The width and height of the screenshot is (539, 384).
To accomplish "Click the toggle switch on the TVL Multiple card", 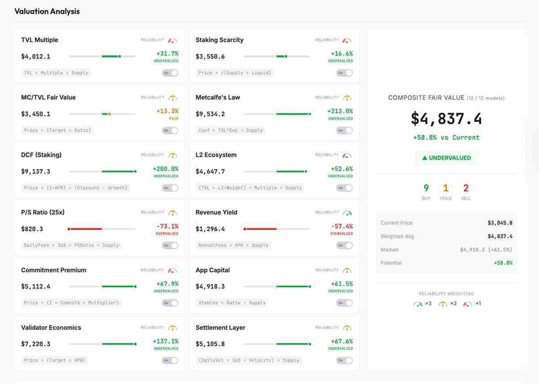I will pyautogui.click(x=170, y=73).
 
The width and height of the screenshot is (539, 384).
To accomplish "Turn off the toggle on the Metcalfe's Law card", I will pyautogui.click(x=344, y=130).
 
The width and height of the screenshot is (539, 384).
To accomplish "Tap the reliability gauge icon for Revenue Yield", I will pyautogui.click(x=347, y=212).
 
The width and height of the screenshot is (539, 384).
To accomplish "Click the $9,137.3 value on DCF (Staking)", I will pyautogui.click(x=35, y=172).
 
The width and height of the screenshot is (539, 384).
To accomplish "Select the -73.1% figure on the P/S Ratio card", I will pyautogui.click(x=167, y=226).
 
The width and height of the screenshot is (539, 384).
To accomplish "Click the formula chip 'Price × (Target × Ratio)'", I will pyautogui.click(x=57, y=130).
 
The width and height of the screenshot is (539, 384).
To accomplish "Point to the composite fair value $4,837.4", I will pyautogui.click(x=446, y=119).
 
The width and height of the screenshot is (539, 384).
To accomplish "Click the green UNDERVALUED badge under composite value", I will pyautogui.click(x=446, y=158).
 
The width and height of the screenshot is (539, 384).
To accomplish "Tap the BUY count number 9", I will pyautogui.click(x=426, y=188).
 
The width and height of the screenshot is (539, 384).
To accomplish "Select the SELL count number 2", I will pyautogui.click(x=466, y=188).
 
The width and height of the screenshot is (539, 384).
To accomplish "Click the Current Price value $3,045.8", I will pyautogui.click(x=500, y=223).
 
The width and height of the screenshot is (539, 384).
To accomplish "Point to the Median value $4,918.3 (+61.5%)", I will pyautogui.click(x=486, y=250).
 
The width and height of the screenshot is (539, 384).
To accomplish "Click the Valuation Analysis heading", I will pyautogui.click(x=47, y=12).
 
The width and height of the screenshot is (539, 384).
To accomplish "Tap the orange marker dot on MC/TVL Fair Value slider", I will pyautogui.click(x=110, y=114).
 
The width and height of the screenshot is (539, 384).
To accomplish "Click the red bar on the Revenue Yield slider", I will pyautogui.click(x=261, y=229).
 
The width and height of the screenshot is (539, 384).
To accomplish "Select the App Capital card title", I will pyautogui.click(x=212, y=270).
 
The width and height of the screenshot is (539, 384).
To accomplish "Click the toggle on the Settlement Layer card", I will pyautogui.click(x=344, y=360).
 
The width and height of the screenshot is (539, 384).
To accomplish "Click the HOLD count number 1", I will pyautogui.click(x=446, y=188).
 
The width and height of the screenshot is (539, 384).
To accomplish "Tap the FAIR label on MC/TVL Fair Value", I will pyautogui.click(x=173, y=119).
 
